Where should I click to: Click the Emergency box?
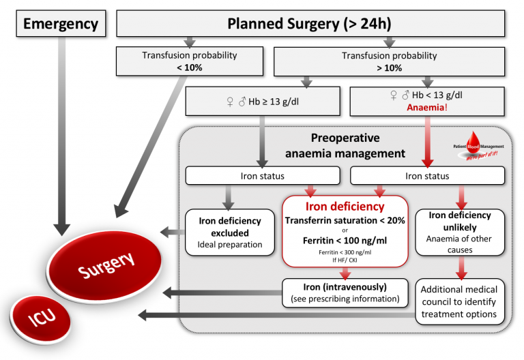point(61,24)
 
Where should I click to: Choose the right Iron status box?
point(427,176)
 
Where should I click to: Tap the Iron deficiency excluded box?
point(230,232)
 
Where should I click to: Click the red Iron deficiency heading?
point(345,207)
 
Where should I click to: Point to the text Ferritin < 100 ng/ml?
point(345,240)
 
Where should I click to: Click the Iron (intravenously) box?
point(345,292)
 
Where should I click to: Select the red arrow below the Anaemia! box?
point(428,140)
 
